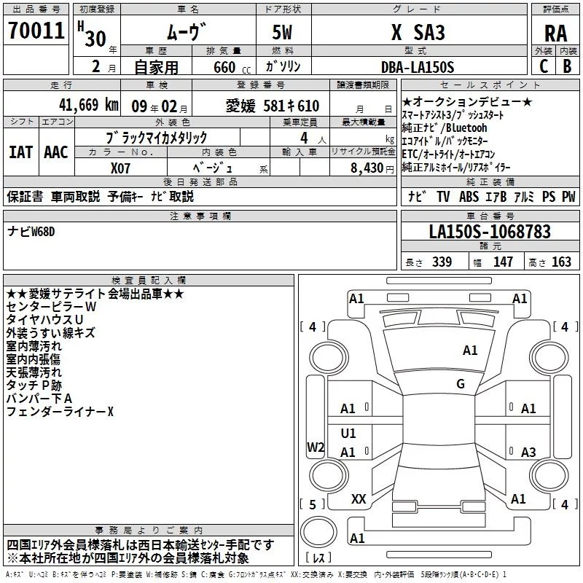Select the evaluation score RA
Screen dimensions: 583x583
tap(555, 33)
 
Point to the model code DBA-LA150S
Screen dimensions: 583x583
tap(418, 67)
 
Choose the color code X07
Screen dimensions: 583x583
tap(121, 167)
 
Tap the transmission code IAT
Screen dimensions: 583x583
tap(20, 152)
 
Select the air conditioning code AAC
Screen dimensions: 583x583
tap(55, 152)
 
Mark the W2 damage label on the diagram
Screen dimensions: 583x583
tap(316, 447)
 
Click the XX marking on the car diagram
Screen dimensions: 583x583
tap(359, 499)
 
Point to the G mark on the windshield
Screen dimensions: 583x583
tap(460, 384)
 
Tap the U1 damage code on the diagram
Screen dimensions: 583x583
tap(348, 434)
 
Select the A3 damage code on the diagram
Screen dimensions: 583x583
tap(528, 452)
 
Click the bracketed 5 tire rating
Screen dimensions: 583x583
tap(312, 504)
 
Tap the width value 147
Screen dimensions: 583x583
tap(503, 262)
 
